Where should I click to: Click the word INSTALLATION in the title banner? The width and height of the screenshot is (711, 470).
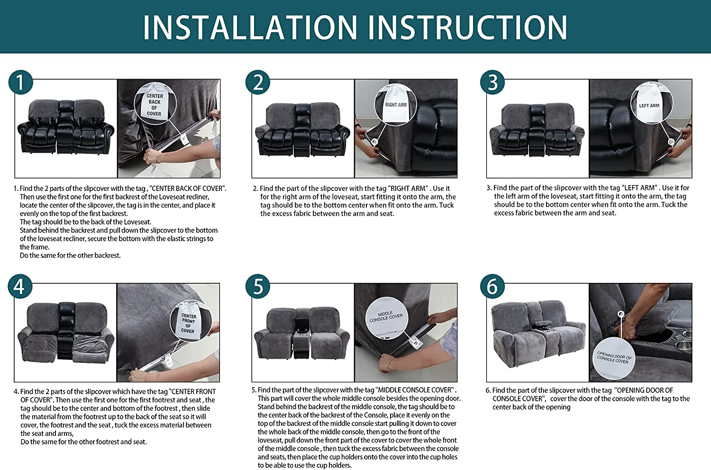click(250, 27)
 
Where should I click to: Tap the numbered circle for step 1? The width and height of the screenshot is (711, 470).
click(21, 82)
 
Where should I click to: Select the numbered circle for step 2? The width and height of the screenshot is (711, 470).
click(258, 82)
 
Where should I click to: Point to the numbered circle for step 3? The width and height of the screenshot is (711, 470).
click(492, 82)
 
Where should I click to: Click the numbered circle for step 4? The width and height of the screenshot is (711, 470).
click(20, 287)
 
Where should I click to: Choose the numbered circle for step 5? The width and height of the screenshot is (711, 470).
click(258, 287)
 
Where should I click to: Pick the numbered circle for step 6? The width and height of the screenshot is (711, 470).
click(492, 287)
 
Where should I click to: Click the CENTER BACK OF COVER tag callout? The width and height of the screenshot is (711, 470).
click(155, 103)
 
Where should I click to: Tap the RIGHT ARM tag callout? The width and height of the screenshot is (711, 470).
click(395, 105)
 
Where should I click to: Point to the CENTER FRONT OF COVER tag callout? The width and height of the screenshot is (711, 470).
click(191, 322)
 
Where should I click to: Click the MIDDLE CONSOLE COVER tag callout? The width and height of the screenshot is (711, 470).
click(387, 317)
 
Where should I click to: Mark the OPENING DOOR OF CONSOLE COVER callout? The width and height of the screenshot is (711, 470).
click(614, 358)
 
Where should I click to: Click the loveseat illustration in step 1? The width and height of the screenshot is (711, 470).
click(66, 127)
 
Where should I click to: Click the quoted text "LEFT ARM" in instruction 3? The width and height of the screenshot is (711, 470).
click(640, 188)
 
